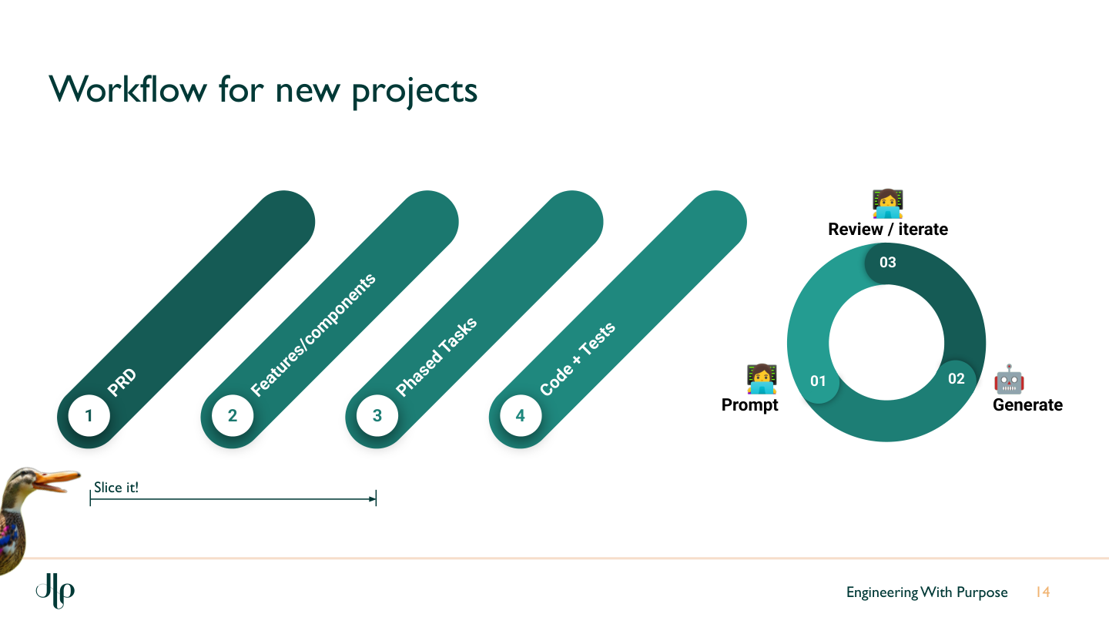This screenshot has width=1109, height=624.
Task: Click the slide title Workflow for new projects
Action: pos(263,90)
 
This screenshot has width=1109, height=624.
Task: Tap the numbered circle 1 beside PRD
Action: pos(89,416)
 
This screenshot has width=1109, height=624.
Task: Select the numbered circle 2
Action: pos(233,416)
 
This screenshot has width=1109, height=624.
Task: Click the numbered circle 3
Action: pos(377,416)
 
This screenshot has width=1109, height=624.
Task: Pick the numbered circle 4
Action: pos(521,416)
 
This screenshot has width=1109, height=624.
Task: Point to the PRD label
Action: pos(122,383)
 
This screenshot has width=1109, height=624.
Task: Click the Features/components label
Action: pos(313,335)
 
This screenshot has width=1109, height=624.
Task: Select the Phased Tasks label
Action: pos(436,357)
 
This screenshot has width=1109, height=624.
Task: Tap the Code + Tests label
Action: pos(578,359)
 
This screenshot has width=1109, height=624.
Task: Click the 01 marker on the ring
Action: pos(818,381)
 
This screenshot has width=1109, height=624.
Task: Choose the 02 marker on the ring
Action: pos(956,378)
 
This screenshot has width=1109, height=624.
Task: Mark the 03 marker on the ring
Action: pos(888,262)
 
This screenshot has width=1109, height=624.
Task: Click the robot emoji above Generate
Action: pos(1009,380)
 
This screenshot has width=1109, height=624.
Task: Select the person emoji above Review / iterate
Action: pos(887,204)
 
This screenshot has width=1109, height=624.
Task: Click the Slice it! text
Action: pos(116,487)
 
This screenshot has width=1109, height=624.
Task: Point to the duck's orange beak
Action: pos(57,481)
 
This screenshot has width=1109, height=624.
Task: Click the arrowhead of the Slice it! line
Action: pos(373,499)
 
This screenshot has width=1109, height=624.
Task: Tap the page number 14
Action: pos(1043,592)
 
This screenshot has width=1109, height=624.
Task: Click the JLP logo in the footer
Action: pos(55,591)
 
